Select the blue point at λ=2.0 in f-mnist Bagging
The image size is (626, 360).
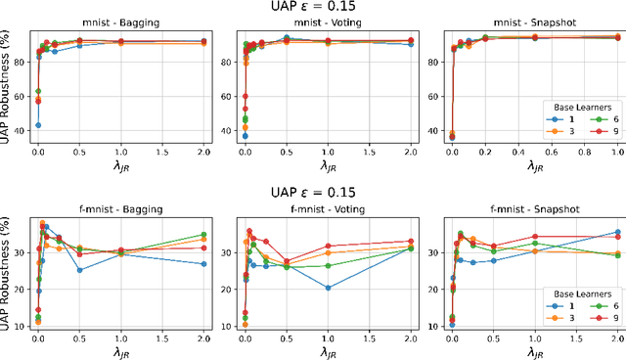click(x=203, y=264)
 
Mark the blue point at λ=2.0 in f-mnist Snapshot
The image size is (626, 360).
click(x=617, y=232)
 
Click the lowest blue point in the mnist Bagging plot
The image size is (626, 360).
click(x=38, y=125)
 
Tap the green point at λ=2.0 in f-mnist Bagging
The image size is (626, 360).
click(x=203, y=235)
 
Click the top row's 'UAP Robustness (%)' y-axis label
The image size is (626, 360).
click(x=9, y=88)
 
